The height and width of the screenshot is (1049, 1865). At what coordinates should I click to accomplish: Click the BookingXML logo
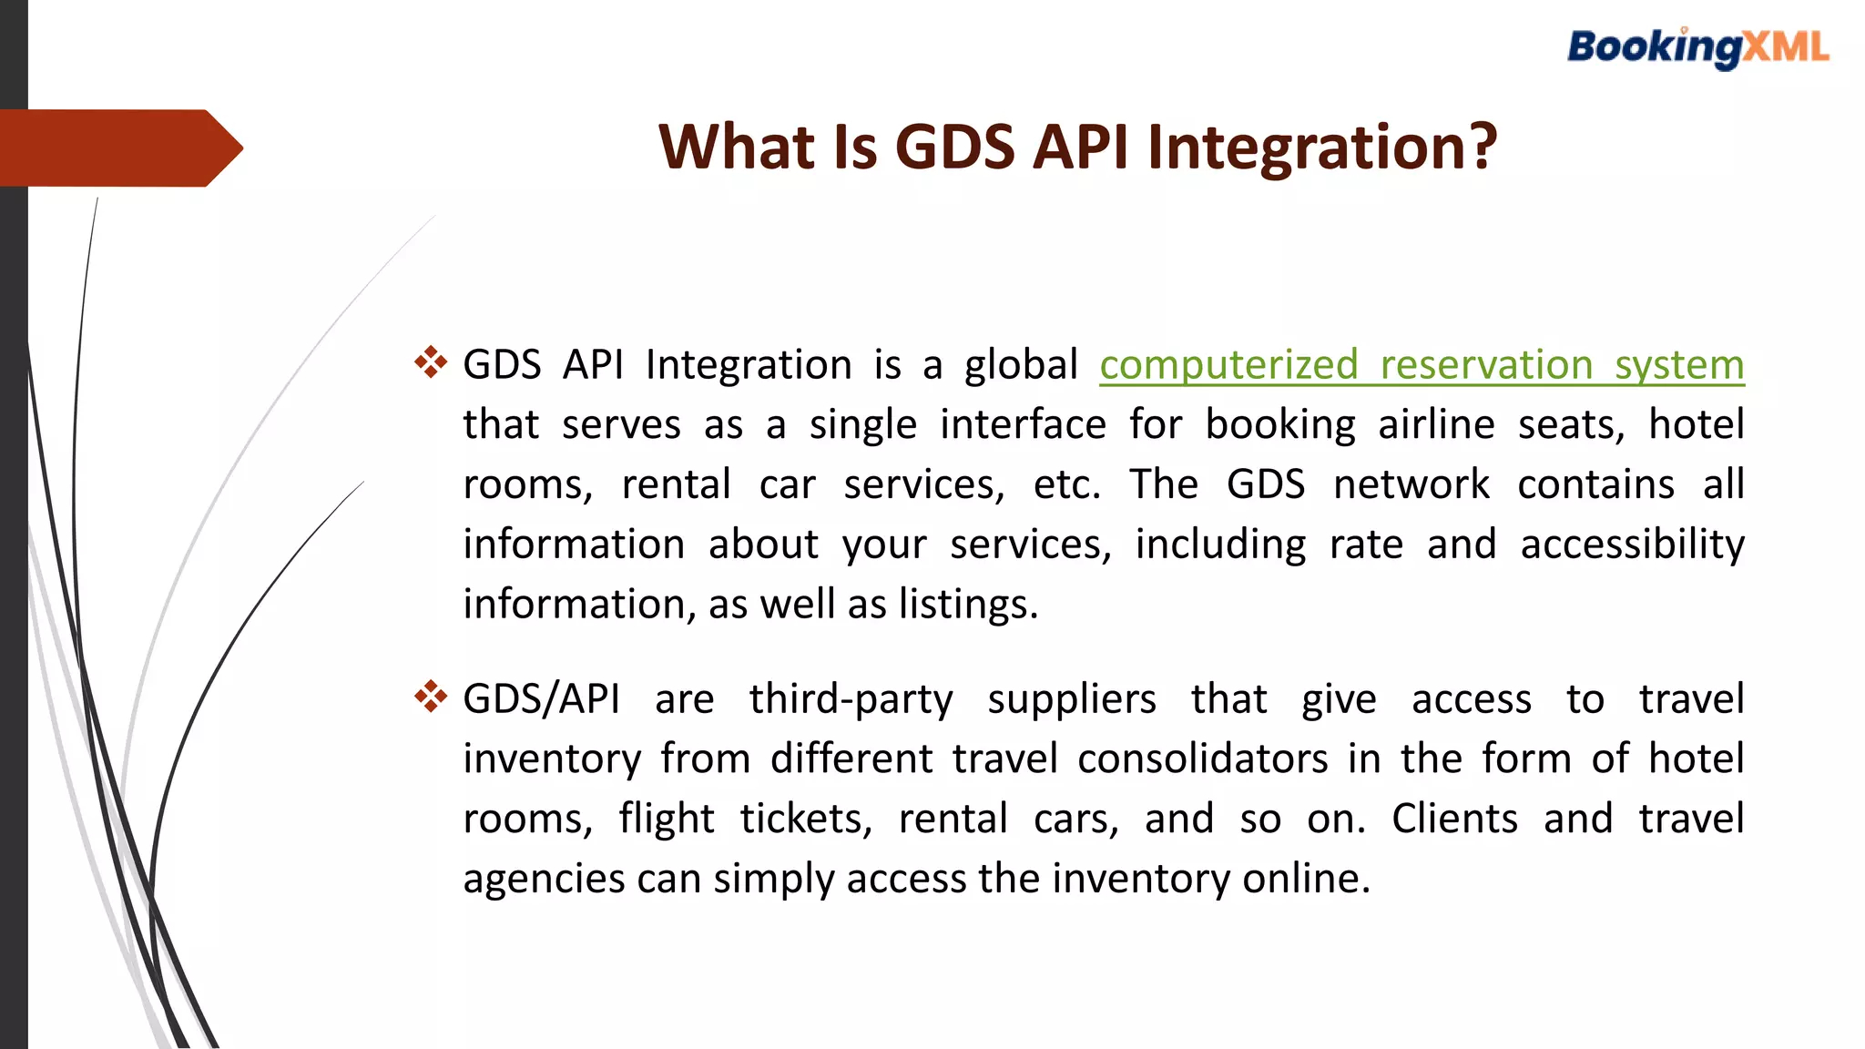(x=1697, y=47)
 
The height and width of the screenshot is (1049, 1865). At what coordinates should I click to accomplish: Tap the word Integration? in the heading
(x=1322, y=147)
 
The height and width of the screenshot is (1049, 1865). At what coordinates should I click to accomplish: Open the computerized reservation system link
(x=1421, y=365)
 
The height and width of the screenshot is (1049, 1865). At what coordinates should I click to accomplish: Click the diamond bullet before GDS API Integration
(x=430, y=362)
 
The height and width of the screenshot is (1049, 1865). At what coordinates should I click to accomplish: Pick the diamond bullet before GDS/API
(x=430, y=697)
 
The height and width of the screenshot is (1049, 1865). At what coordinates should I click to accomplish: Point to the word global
(x=1021, y=365)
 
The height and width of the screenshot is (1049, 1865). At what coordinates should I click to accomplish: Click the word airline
(x=1436, y=425)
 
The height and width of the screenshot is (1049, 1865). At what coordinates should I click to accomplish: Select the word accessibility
(x=1632, y=545)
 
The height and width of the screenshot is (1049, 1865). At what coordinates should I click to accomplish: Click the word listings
(x=968, y=605)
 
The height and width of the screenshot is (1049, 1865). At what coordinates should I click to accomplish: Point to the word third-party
(x=851, y=699)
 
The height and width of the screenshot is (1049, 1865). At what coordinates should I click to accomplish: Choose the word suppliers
(x=1072, y=699)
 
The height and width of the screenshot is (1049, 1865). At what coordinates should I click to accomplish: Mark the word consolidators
(x=1202, y=759)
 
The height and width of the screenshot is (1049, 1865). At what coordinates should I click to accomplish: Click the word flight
(x=667, y=819)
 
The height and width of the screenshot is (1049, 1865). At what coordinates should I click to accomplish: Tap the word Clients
(x=1454, y=819)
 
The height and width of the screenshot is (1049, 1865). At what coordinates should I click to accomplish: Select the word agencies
(x=544, y=880)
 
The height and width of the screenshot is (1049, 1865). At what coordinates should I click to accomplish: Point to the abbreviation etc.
(x=1066, y=484)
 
